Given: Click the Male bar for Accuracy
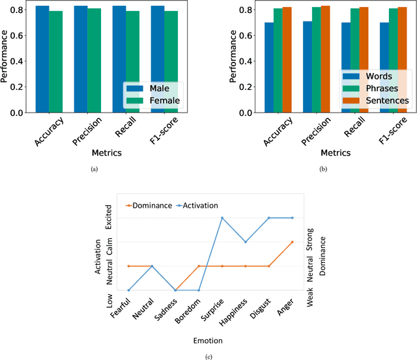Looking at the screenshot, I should tap(42, 59).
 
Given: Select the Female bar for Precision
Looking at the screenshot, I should tap(94, 61).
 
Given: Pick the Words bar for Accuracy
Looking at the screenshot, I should tap(269, 68).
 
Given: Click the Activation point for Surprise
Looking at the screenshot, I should tap(222, 218).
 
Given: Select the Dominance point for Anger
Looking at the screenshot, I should tap(292, 242).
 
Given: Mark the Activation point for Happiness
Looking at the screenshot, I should tap(246, 242).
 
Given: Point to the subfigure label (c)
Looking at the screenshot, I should tap(208, 356).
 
